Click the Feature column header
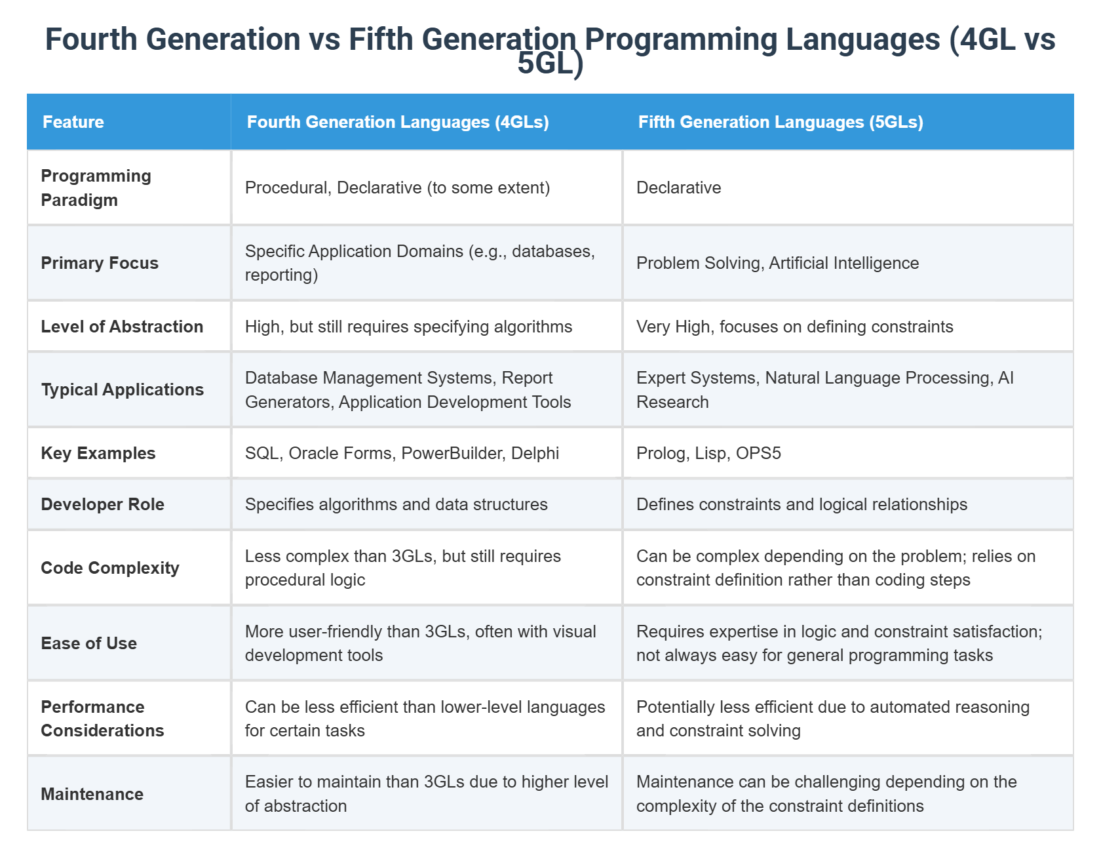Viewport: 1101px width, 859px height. [x=73, y=122]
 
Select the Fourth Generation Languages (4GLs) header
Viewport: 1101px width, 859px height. [x=398, y=122]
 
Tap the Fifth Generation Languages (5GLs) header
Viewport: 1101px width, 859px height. [x=781, y=122]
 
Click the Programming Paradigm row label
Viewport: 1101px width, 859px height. [x=96, y=188]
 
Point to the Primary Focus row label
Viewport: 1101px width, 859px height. [x=100, y=263]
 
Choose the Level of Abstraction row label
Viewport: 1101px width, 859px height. [x=122, y=327]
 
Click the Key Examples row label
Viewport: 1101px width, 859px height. [x=98, y=453]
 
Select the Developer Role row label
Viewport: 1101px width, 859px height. [x=102, y=504]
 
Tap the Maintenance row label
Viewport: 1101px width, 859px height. [x=92, y=794]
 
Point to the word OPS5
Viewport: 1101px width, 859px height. [x=758, y=453]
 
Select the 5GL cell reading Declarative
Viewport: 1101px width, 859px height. [x=678, y=188]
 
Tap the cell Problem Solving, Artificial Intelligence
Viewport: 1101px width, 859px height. [x=777, y=263]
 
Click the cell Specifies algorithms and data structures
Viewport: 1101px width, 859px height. [x=396, y=504]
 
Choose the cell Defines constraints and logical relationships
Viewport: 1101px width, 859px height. [x=802, y=504]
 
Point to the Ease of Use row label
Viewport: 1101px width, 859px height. [x=89, y=643]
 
